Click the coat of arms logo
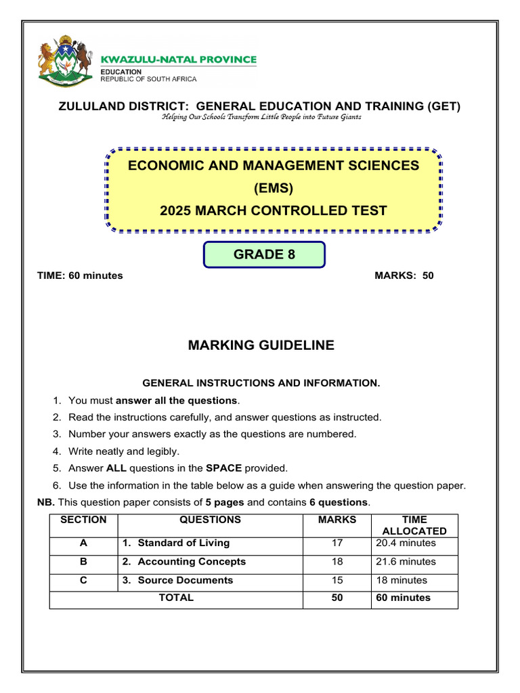point(65,60)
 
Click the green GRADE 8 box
point(264,254)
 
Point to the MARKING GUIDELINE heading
point(261,345)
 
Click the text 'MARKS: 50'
point(404,275)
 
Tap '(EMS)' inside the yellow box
point(274,188)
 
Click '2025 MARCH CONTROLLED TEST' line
point(274,210)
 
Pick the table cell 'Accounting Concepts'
point(192,562)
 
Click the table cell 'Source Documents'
point(185,580)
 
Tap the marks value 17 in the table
point(337,543)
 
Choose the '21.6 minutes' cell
point(406,562)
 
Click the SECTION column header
point(83,520)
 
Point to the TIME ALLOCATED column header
point(414,525)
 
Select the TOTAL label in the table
point(176,598)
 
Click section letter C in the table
point(83,580)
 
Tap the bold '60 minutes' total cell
point(404,598)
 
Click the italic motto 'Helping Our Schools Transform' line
point(261,117)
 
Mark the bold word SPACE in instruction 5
point(224,468)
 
